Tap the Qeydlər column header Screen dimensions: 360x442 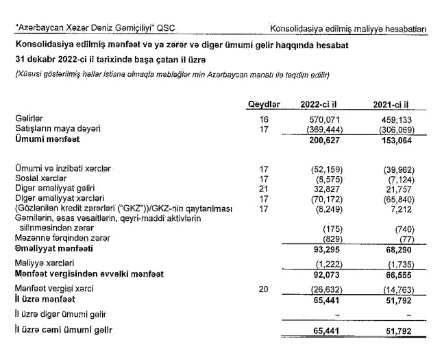pos(265,104)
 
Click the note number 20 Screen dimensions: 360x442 pos(265,289)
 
